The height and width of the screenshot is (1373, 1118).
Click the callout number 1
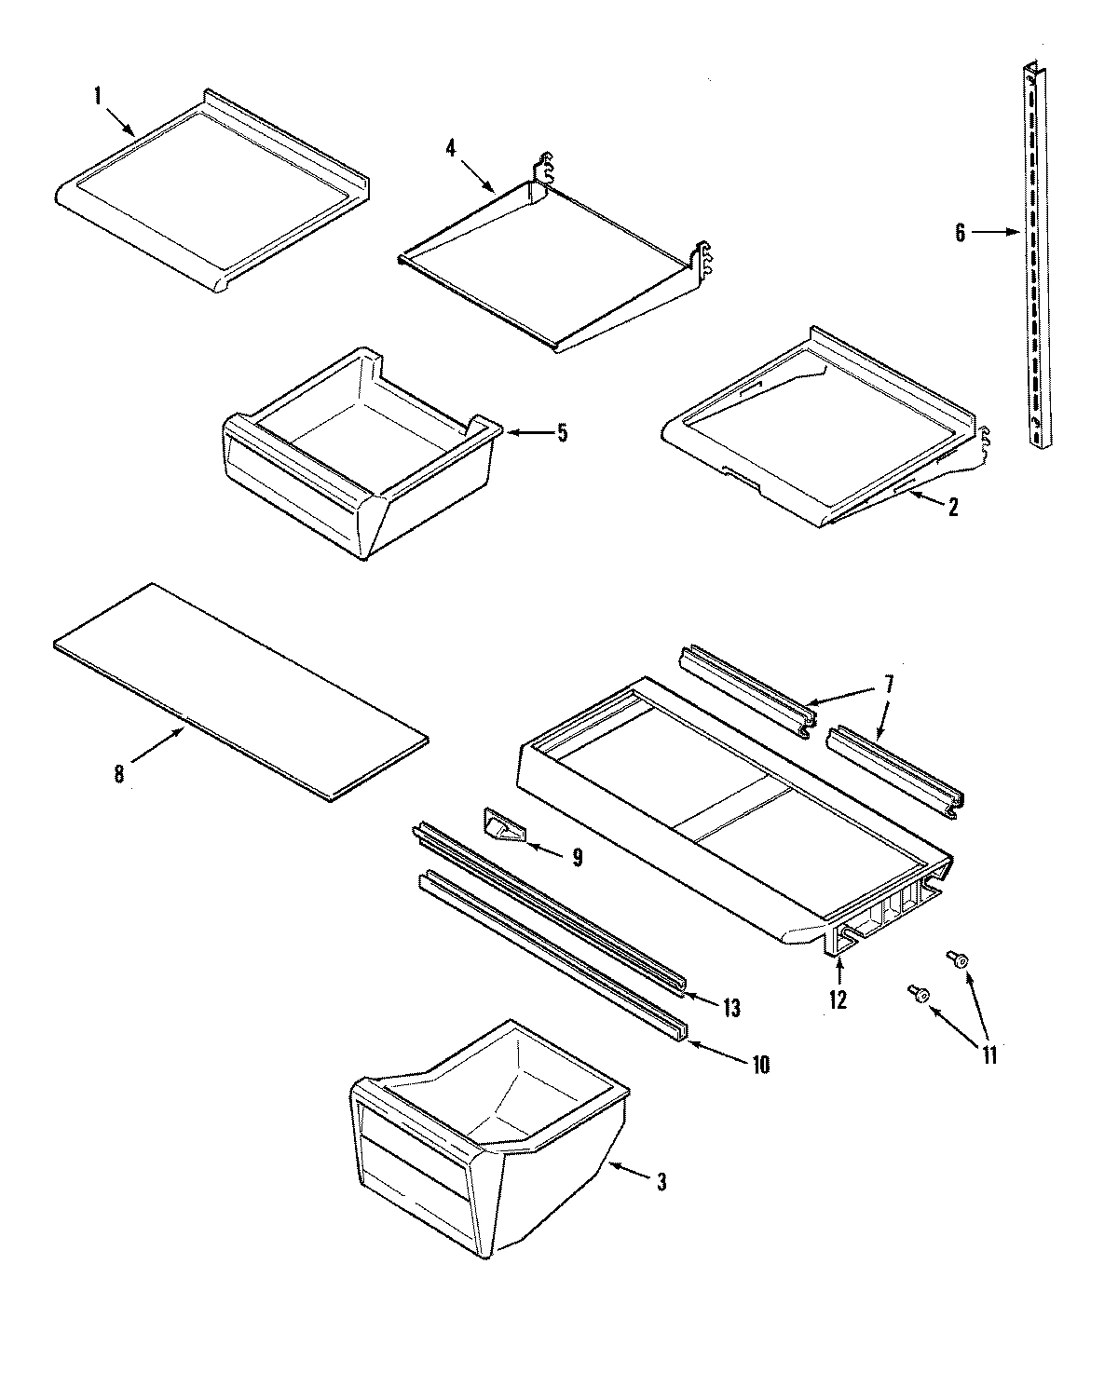tap(96, 94)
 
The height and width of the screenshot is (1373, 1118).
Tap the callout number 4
tap(451, 147)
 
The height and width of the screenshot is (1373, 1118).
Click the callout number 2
tap(953, 507)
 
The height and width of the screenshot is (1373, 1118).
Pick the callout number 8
tap(119, 774)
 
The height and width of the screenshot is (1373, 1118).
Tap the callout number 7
tap(889, 685)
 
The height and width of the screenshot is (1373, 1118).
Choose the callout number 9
tap(577, 857)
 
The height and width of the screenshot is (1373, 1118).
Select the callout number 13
tap(731, 1008)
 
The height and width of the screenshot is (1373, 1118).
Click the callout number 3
tap(661, 1183)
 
